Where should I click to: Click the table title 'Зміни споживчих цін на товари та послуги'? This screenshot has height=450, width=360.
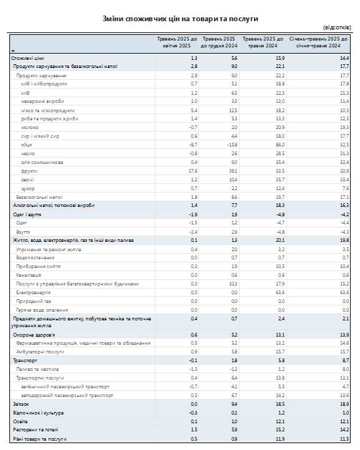[180, 19]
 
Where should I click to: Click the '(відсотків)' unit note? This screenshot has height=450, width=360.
[337, 27]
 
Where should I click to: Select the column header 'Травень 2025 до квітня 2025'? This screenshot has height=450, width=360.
[177, 42]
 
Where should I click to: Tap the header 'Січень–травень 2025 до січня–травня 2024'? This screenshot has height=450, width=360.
[318, 42]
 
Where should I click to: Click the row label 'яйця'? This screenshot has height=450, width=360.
[26, 145]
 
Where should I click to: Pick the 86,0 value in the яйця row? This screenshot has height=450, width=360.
[280, 145]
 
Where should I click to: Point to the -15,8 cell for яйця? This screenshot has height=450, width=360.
[232, 145]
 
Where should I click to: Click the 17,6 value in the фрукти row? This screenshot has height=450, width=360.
[193, 171]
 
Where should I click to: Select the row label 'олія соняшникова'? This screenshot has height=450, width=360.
[42, 163]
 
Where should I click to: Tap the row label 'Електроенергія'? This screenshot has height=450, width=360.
[33, 293]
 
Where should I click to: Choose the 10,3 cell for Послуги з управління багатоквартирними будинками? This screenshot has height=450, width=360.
[233, 284]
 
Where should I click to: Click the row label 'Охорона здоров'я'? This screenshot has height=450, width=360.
[34, 335]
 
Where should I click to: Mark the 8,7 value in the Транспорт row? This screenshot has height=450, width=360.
[346, 360]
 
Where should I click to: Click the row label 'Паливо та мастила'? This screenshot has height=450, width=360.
[37, 370]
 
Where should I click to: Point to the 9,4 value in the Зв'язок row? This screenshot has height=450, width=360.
[235, 404]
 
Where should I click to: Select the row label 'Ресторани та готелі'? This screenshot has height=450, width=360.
[36, 429]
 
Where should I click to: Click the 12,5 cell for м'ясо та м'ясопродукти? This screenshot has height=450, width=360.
[233, 110]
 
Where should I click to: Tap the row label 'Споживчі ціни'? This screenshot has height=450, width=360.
[27, 58]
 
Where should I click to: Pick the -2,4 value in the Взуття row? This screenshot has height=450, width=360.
[193, 232]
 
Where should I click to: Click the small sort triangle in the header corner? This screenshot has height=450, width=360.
[12, 51]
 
